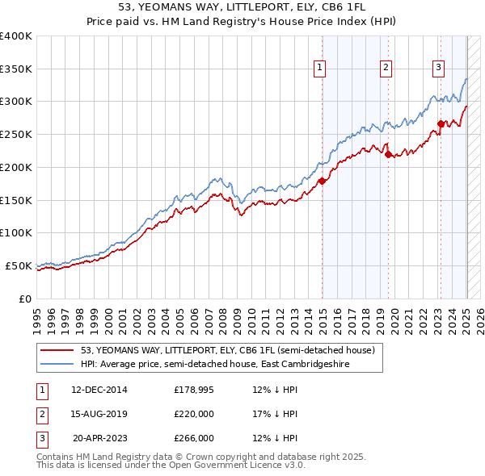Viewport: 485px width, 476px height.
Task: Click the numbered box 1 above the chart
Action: click(x=321, y=68)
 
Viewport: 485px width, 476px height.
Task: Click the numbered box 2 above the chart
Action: click(x=386, y=68)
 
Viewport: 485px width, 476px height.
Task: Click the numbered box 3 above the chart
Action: click(x=438, y=68)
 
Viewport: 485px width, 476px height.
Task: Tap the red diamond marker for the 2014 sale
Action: click(x=322, y=181)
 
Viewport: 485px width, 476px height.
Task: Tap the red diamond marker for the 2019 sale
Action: click(x=389, y=154)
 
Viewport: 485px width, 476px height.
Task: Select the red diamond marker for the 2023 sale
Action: click(x=441, y=123)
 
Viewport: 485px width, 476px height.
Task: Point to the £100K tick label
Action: click(x=16, y=232)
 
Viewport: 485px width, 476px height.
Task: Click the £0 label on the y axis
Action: click(x=26, y=299)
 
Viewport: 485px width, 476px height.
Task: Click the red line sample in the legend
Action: click(x=57, y=351)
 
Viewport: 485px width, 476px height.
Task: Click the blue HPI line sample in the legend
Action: click(x=57, y=365)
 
